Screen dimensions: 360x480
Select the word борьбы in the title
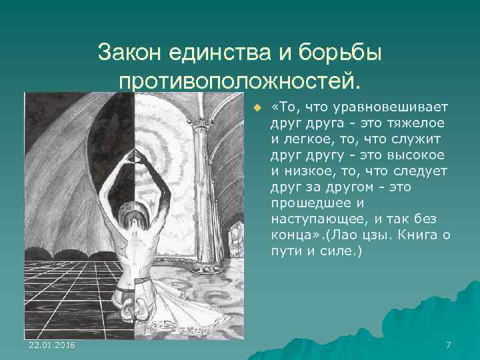coord(345,52)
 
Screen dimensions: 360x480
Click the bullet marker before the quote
coord(255,108)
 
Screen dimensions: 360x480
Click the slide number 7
coord(448,345)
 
